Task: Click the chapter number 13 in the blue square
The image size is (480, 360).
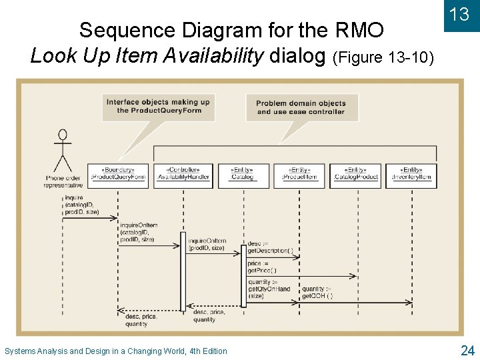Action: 459,15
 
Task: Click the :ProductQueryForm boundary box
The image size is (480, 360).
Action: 118,173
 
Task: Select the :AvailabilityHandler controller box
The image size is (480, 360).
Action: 183,173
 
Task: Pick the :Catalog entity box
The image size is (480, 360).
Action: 242,173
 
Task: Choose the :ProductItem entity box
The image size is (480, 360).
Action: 300,173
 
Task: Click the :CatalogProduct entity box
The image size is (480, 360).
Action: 355,173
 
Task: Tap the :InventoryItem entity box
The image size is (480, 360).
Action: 412,173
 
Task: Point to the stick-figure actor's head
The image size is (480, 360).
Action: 63,134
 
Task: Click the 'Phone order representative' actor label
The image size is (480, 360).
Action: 64,181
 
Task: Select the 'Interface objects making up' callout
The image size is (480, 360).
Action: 158,107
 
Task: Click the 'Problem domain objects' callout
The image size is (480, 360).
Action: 301,107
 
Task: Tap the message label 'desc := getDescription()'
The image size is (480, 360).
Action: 269,247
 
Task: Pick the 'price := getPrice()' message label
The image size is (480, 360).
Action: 262,267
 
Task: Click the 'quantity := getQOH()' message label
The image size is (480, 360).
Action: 317,292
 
